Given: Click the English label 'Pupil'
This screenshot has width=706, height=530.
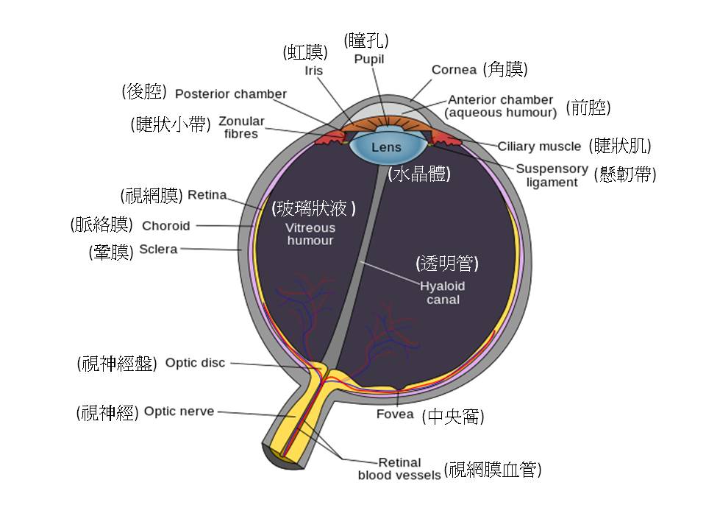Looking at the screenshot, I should pos(368,58).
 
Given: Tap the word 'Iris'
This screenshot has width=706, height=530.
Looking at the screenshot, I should pos(314,71).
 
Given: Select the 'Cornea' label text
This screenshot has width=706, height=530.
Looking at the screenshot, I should pos(454,70).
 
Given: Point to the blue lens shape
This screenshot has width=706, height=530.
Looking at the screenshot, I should pos(385,147).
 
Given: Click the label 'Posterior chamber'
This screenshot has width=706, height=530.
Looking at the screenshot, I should pos(231,94).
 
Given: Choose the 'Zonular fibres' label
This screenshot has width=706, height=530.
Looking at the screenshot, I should pos(241,127).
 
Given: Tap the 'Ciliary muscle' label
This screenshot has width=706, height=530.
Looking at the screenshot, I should pos(539,146).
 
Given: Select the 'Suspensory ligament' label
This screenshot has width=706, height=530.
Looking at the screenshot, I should pos(552,175).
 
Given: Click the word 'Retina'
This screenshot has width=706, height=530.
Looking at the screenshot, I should pos(207,195).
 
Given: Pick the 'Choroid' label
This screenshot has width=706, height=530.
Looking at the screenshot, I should pos(165,226).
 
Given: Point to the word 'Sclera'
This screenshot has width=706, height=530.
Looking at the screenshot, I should pos(158,249).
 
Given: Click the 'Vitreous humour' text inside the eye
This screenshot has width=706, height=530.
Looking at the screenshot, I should pos(310,234).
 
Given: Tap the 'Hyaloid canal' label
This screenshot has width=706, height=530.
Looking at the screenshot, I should pos(442,292).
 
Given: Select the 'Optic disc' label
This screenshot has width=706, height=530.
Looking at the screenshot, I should pos(195,362).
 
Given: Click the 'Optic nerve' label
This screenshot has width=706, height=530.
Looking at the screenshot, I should pos(179,411).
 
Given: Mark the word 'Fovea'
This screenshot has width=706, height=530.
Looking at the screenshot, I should pos(395,414).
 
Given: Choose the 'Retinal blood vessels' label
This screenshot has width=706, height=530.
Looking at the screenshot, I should pos(399,469).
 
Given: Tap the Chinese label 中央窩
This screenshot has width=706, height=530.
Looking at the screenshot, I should pos(453,417).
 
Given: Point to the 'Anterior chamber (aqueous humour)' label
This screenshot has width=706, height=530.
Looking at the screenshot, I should pos(501,106).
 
